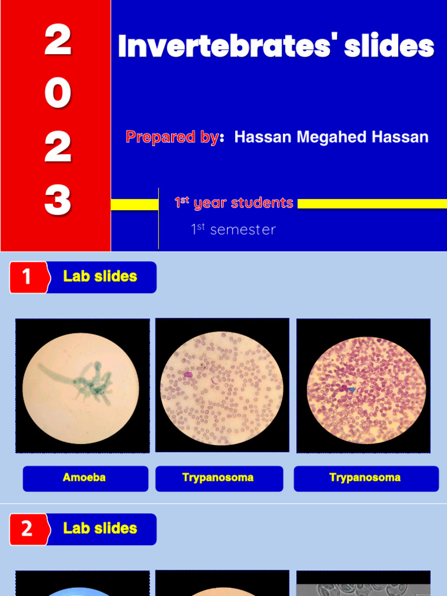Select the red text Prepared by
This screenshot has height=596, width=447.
[x=172, y=137]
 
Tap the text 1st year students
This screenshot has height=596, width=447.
[x=234, y=203]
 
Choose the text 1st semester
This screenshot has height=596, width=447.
[x=233, y=229]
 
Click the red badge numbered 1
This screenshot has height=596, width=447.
[x=27, y=277]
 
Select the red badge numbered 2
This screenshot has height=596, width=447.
[x=27, y=529]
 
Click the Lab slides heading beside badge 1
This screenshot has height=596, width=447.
[x=100, y=277]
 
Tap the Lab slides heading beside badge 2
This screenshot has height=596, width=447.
[x=100, y=529]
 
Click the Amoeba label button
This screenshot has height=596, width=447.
[x=84, y=478]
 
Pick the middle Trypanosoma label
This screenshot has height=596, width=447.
[x=218, y=478]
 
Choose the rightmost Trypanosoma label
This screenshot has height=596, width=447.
[x=365, y=478]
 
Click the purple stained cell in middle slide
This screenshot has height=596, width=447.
[x=188, y=375]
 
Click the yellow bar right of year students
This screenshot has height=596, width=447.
[x=372, y=204]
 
